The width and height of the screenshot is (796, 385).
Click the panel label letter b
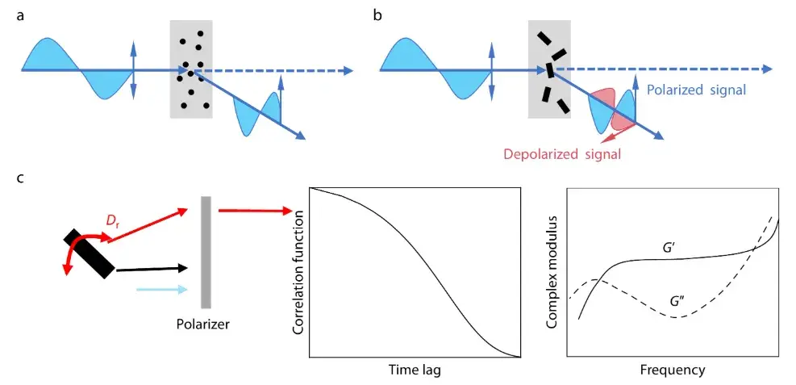(x=377, y=15)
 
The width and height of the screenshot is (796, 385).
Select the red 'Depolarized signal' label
(x=563, y=153)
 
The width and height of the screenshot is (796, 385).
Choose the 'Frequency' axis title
(x=673, y=370)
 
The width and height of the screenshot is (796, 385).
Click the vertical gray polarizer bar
(x=206, y=250)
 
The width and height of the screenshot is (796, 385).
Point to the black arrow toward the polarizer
(x=153, y=269)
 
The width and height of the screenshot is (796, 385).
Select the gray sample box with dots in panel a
(x=191, y=69)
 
